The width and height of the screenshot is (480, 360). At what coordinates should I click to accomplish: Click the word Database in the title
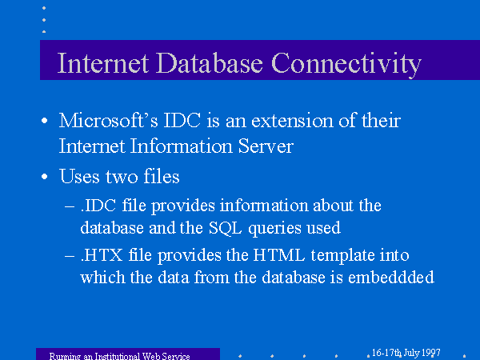click(x=210, y=63)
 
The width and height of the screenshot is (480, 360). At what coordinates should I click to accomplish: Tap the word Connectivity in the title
click(x=346, y=65)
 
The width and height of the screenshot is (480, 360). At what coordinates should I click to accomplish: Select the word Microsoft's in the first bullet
click(x=108, y=120)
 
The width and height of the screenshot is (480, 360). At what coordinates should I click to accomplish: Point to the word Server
click(x=266, y=146)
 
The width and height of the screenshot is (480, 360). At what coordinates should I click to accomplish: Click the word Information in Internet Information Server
click(x=181, y=146)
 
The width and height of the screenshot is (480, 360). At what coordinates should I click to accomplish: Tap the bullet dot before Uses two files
click(x=45, y=177)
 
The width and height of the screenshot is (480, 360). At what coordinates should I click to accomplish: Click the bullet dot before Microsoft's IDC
click(x=45, y=121)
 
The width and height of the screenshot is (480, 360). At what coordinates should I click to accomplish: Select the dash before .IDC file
click(x=70, y=206)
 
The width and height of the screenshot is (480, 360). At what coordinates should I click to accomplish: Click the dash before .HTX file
click(x=70, y=256)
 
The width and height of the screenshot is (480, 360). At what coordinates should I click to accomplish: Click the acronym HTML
click(x=279, y=255)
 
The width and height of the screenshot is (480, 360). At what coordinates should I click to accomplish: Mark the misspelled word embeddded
click(x=391, y=277)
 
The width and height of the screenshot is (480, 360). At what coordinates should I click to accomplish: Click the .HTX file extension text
click(x=102, y=255)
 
